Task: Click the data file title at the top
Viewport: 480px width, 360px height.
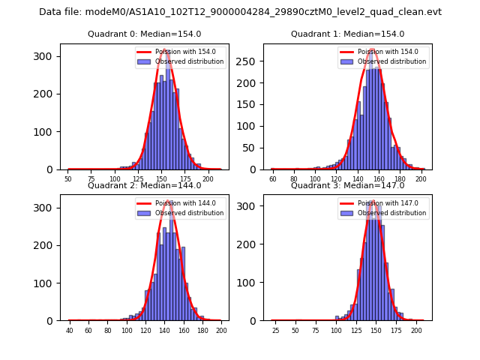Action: (240, 12)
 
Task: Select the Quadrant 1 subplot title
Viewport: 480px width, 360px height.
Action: (347, 34)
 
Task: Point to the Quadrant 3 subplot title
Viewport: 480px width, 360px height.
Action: (347, 185)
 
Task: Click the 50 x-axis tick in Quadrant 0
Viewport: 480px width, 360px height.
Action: (68, 179)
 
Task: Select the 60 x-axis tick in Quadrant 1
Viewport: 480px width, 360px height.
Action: (273, 179)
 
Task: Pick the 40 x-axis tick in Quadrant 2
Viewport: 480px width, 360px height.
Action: (70, 330)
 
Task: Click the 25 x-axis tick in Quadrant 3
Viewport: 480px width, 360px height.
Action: (275, 330)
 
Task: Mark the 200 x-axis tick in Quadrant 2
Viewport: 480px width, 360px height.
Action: (220, 330)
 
